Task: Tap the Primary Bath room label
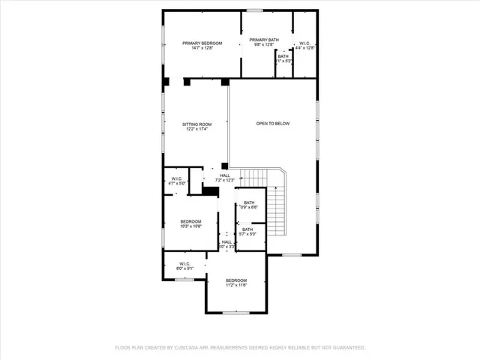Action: [x=264, y=40]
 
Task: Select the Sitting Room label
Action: [x=197, y=124]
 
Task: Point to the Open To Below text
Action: [x=272, y=124]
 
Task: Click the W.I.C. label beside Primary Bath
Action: [x=305, y=43]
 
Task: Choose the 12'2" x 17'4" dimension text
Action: [x=197, y=129]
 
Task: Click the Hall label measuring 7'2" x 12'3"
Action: [x=225, y=175]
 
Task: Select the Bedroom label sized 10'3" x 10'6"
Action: [x=190, y=221]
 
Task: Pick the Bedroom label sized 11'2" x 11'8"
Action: [x=236, y=280]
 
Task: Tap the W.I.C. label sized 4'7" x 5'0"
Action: [x=175, y=178]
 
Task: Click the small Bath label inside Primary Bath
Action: [x=283, y=56]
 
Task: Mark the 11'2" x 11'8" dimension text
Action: [x=236, y=285]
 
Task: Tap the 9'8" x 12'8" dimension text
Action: [x=264, y=45]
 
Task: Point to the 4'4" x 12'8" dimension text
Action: [x=305, y=48]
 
